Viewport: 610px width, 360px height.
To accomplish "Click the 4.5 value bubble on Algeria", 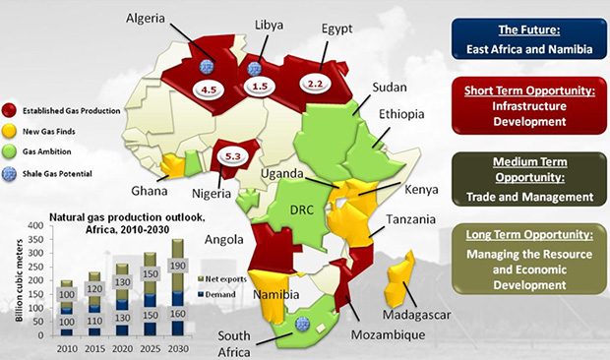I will pyautogui.click(x=209, y=90).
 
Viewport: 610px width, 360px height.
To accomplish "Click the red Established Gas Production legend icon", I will pyautogui.click(x=11, y=110).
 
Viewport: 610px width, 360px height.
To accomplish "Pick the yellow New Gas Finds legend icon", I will pyautogui.click(x=11, y=130).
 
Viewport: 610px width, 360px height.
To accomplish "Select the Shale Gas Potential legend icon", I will pyautogui.click(x=11, y=170).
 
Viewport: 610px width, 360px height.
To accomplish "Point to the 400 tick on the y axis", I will pyautogui.click(x=37, y=226).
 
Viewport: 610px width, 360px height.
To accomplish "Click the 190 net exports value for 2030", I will pyautogui.click(x=177, y=266).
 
